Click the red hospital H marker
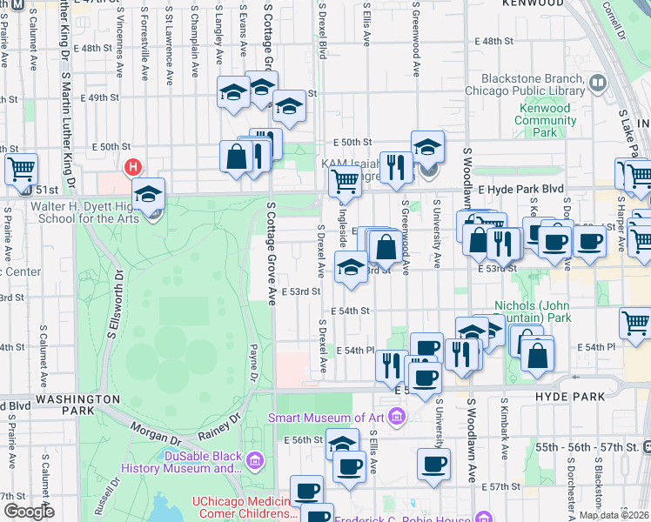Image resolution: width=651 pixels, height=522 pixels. tap(133, 166)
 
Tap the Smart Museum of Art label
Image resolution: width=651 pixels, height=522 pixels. tap(326, 418)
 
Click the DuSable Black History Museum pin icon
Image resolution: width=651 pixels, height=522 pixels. tap(255, 459)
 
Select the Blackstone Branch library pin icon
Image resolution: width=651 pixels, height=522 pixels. tap(598, 84)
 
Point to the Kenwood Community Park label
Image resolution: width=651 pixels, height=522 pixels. tap(545, 121)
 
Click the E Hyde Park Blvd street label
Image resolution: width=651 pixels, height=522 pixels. tap(520, 189)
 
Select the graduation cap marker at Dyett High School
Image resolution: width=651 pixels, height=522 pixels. tap(149, 195)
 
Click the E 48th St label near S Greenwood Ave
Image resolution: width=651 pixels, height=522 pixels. tap(494, 41)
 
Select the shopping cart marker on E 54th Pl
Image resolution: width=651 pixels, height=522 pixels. tap(636, 324)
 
